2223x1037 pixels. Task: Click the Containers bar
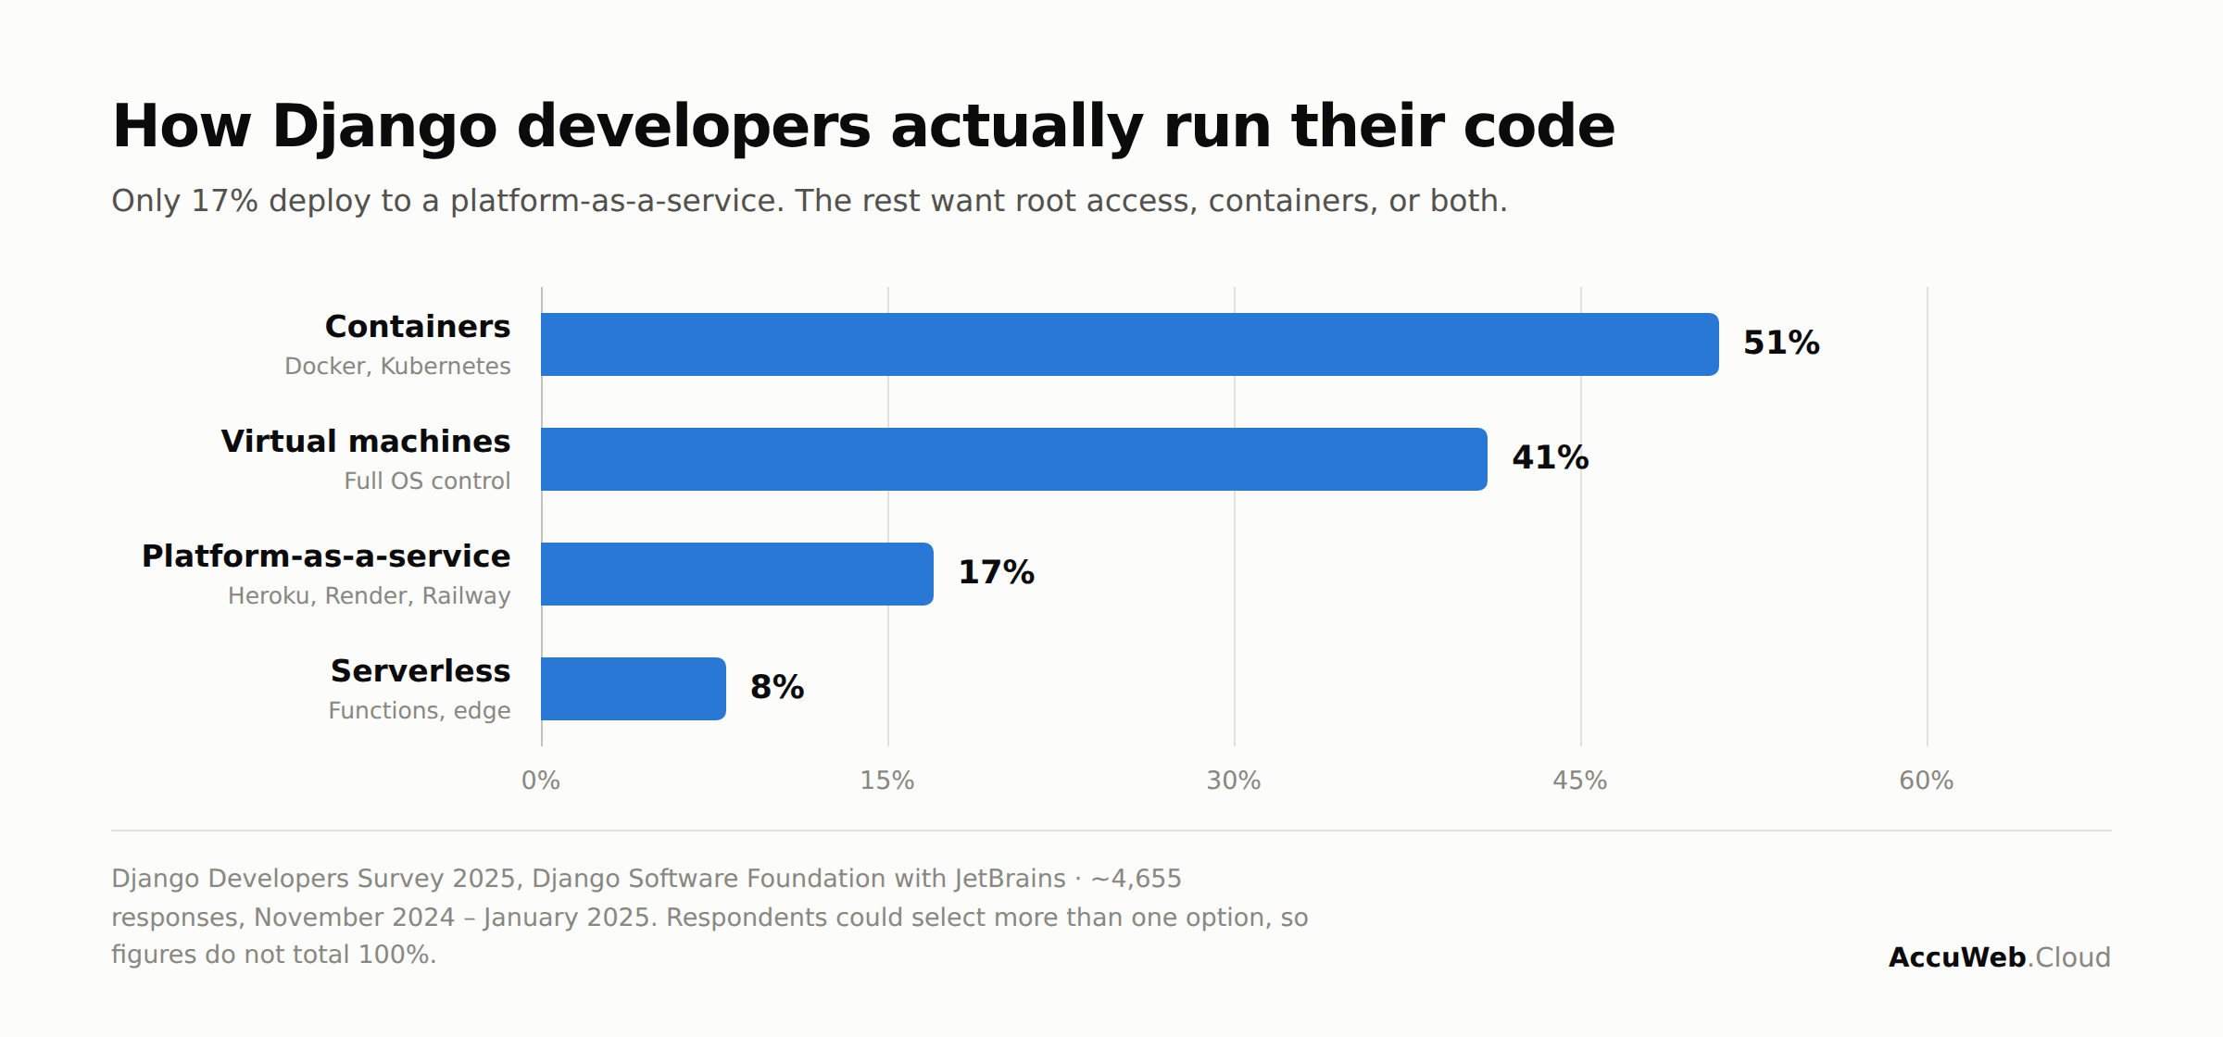tap(1130, 344)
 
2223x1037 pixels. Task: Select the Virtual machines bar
tap(1014, 459)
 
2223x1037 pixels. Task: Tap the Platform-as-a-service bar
tap(737, 574)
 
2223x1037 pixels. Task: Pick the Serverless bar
tap(634, 689)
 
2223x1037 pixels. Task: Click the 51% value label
tap(1781, 344)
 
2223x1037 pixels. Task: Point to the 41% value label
tap(1551, 458)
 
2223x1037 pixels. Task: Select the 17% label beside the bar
tap(996, 573)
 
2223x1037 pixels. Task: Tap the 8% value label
tap(777, 688)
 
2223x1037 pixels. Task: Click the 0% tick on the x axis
tap(541, 781)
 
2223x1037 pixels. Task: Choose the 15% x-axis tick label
tap(887, 781)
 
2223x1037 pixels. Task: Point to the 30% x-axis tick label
tap(1234, 781)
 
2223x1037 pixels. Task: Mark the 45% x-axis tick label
tap(1580, 781)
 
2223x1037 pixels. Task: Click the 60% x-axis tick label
tap(1927, 781)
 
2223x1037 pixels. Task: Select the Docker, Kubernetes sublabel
tap(397, 367)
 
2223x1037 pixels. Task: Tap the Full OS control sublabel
tap(427, 481)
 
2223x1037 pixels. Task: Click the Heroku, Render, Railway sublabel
tap(370, 596)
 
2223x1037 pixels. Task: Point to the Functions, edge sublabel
tap(420, 711)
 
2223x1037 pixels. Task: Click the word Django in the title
tap(384, 128)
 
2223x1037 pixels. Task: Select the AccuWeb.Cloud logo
tap(2000, 957)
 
